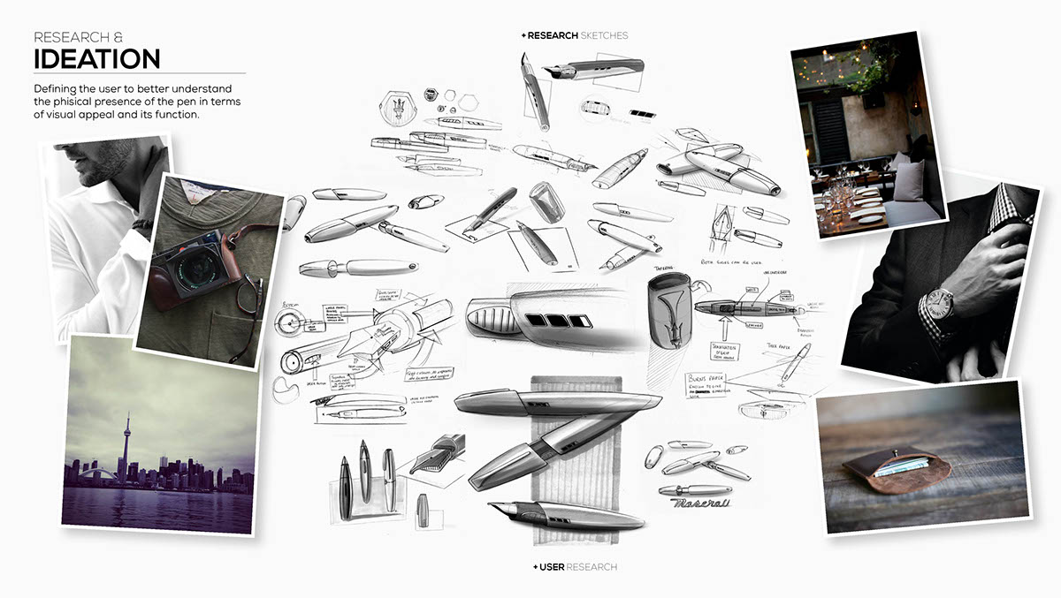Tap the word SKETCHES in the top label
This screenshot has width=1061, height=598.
[x=604, y=35]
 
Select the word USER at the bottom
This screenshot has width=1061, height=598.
[x=551, y=566]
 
